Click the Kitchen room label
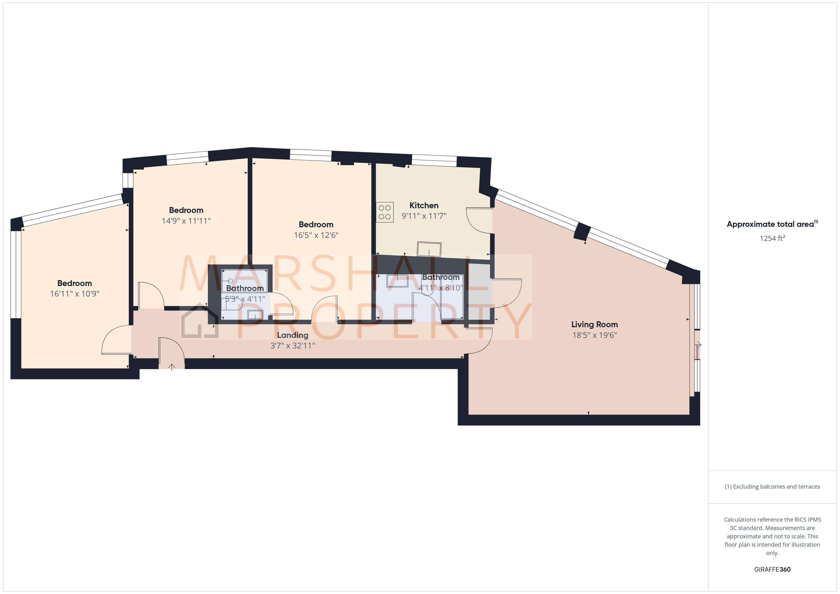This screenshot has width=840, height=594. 424,206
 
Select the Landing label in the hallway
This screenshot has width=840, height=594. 292,335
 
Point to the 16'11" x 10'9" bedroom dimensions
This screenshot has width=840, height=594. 75,294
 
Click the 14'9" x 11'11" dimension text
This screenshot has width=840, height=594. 186,221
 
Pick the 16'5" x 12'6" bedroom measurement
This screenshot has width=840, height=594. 316,235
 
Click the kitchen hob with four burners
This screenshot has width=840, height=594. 385,212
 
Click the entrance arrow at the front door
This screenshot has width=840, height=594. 172,367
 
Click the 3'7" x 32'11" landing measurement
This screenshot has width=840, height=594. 292,346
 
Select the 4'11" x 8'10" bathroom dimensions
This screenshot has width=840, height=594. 440,288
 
